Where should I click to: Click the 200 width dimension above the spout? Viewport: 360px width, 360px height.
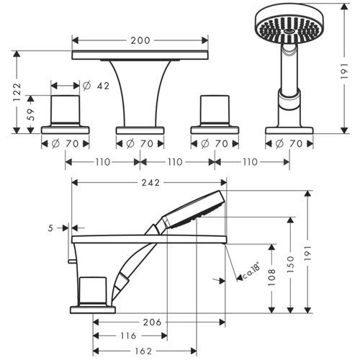[140, 40]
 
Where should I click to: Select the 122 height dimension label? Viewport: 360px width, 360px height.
[17, 92]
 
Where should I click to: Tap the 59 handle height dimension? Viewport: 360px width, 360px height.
[31, 114]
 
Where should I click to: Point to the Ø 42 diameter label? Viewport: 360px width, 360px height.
[96, 86]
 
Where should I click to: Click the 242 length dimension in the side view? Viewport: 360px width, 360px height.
[150, 183]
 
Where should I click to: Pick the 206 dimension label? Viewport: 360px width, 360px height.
[152, 323]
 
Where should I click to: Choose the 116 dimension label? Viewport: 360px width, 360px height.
[128, 336]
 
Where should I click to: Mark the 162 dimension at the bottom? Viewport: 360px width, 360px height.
[143, 351]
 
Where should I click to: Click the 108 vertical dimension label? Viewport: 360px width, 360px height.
[271, 277]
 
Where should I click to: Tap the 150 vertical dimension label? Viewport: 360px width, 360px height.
[290, 264]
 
